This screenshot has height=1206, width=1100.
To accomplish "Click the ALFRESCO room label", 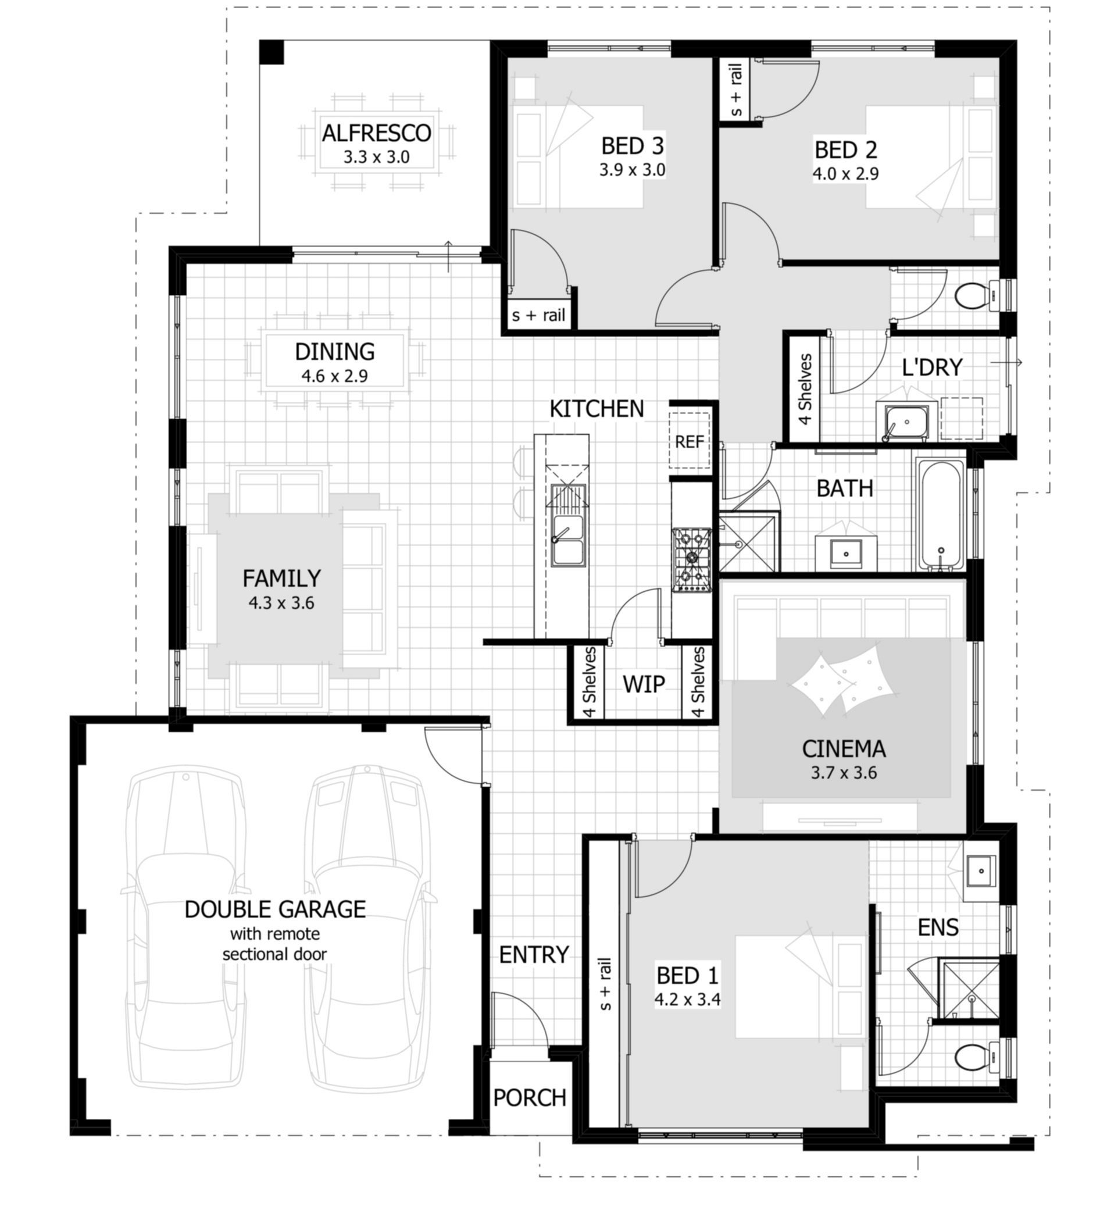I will tap(376, 133).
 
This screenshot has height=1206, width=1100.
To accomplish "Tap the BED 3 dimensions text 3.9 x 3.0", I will tap(632, 170).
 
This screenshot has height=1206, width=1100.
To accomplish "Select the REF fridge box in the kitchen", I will tap(689, 441).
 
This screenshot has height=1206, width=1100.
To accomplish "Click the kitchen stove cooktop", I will tap(691, 559).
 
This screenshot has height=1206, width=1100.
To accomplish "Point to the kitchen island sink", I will tap(567, 540).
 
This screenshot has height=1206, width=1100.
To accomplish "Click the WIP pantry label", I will tap(644, 684).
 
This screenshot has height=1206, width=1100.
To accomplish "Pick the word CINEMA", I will tap(844, 749).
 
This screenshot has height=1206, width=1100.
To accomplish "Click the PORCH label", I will tap(530, 1098).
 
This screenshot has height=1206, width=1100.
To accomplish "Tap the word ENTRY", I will tap(534, 955).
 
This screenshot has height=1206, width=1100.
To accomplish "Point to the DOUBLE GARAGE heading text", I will tap(275, 909).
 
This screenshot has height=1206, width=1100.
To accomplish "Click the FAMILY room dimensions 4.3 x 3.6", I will tap(281, 603).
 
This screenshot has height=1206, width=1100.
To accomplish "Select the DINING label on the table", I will tap(334, 352).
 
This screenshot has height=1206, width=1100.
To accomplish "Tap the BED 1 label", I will tap(687, 976).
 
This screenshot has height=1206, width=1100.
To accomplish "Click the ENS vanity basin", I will tap(981, 870).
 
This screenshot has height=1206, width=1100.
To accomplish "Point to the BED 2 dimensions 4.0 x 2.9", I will tap(845, 174).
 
